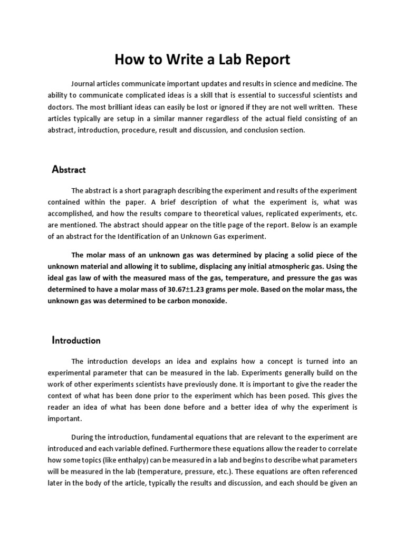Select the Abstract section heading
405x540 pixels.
(x=69, y=170)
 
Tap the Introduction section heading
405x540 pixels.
(x=76, y=340)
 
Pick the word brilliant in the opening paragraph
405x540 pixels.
(x=107, y=107)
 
